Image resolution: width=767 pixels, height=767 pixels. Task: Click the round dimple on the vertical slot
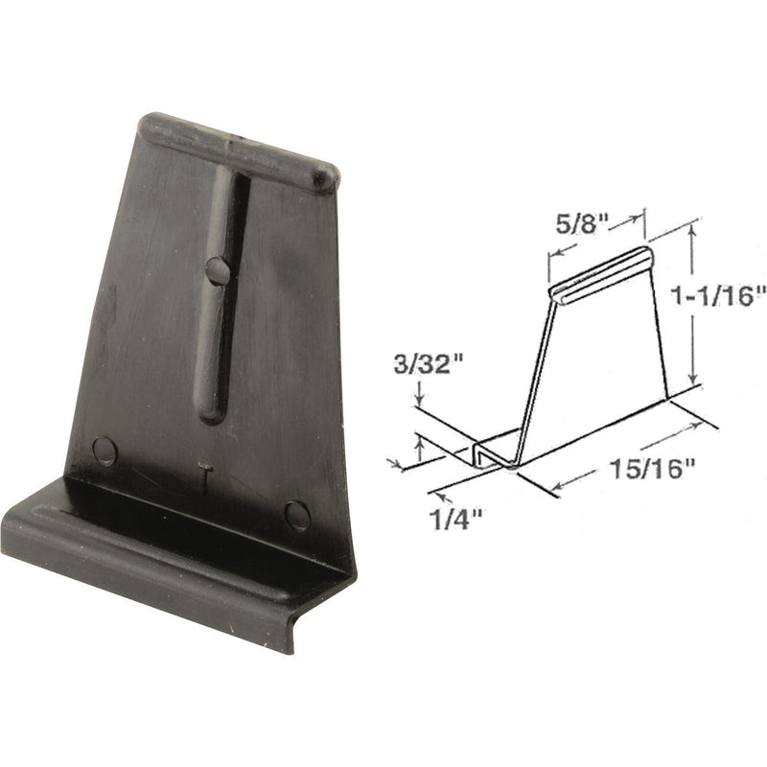click(218, 270)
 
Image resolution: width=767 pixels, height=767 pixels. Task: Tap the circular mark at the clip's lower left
click(104, 451)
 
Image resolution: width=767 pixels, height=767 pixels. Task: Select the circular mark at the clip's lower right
click(297, 516)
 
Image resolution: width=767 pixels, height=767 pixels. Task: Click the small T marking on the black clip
click(203, 474)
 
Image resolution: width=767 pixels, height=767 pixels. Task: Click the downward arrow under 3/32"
click(419, 401)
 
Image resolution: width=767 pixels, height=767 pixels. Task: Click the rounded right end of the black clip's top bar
click(326, 175)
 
